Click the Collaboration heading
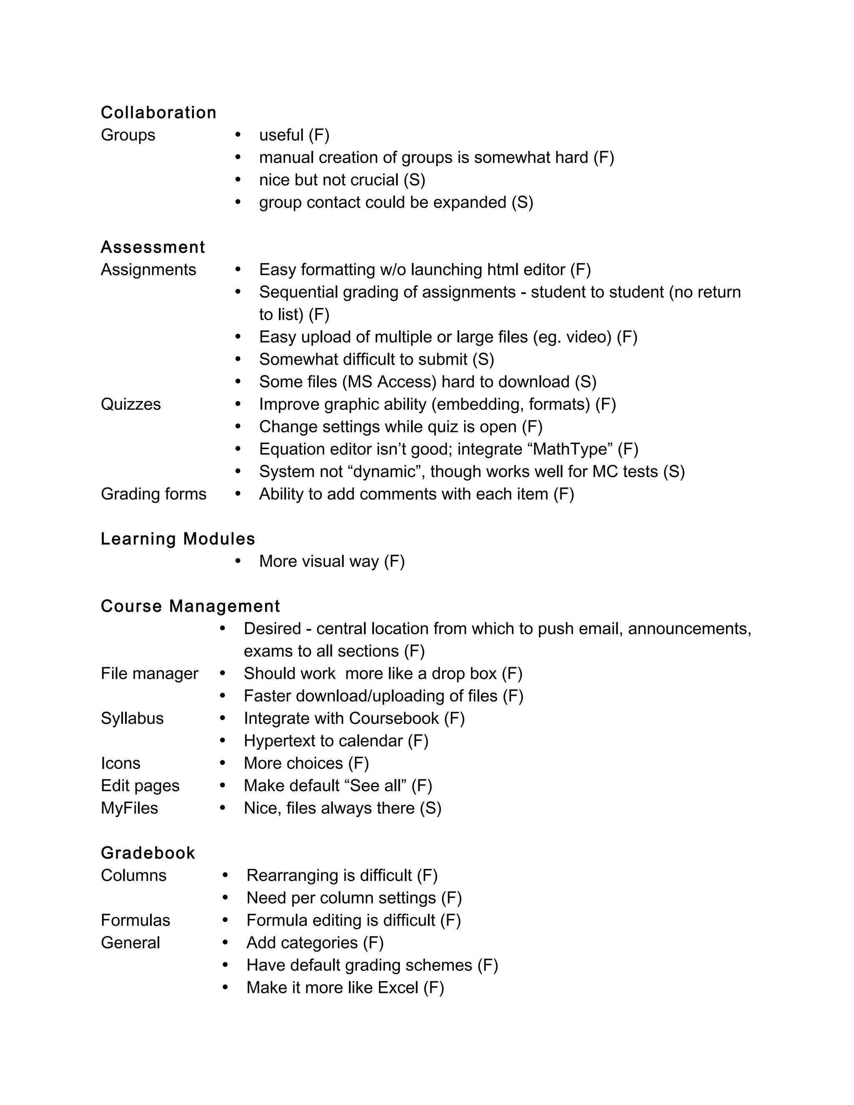click(158, 112)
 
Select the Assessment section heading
click(153, 247)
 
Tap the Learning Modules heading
click(178, 539)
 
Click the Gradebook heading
click(148, 853)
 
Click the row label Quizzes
click(131, 404)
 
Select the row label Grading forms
click(153, 494)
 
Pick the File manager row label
click(149, 673)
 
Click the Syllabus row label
click(132, 718)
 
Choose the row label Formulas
click(135, 920)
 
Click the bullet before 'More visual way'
click(238, 561)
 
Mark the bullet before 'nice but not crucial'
click(238, 180)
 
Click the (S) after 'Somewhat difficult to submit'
click(483, 359)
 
